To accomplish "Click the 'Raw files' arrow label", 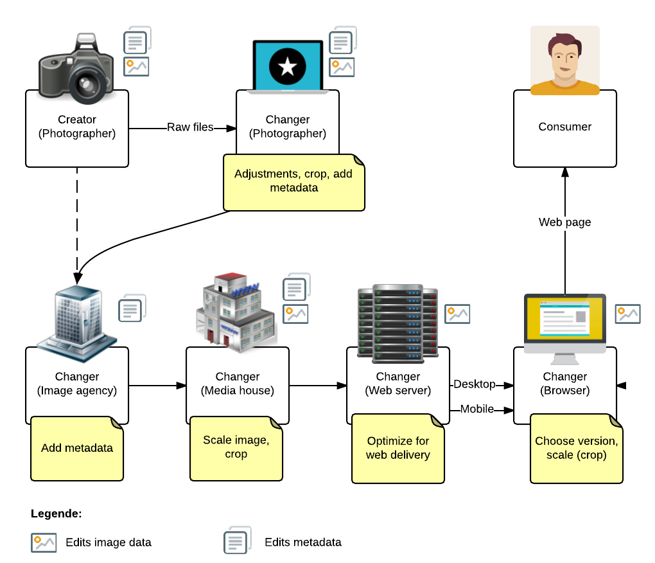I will tap(190, 127).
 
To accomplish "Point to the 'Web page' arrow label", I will tap(565, 222).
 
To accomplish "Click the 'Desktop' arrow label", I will tap(475, 384).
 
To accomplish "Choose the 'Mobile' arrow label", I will tap(477, 409).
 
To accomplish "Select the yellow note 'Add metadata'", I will tap(77, 449).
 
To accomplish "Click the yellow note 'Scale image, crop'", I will tap(236, 448).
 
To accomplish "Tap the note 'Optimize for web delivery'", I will tap(398, 449).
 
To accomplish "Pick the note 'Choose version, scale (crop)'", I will tap(576, 449).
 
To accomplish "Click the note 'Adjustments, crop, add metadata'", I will tap(293, 181).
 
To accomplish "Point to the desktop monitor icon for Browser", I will tap(565, 323).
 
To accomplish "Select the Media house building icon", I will tap(236, 313).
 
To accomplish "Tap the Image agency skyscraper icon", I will tap(76, 320).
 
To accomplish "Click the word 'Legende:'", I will tap(56, 514).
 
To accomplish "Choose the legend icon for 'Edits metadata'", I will tap(236, 541).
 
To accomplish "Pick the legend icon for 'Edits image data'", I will tap(44, 542).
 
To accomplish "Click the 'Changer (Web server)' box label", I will tap(398, 384).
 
